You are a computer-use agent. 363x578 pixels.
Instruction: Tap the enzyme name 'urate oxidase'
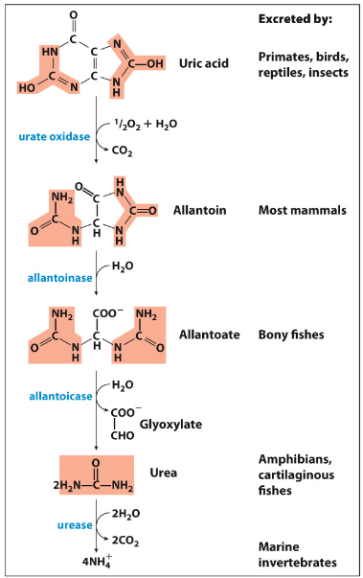coord(56,136)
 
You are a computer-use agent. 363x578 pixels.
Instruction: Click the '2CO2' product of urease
coord(128,541)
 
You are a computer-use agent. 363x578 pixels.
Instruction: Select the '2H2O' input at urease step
coord(128,512)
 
